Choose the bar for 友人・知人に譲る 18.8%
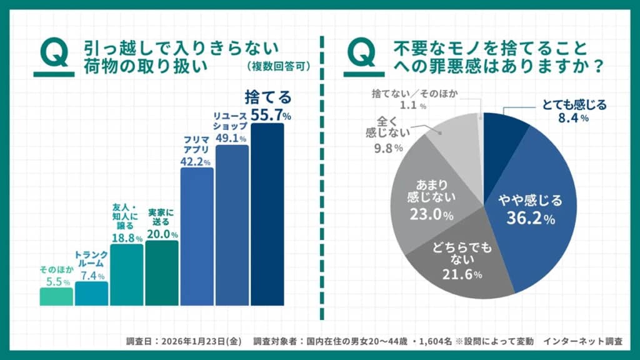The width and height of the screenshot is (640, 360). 126,275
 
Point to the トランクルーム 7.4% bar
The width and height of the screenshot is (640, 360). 91,293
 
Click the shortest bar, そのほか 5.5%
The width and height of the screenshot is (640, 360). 56,296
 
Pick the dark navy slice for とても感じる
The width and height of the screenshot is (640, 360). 503,134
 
